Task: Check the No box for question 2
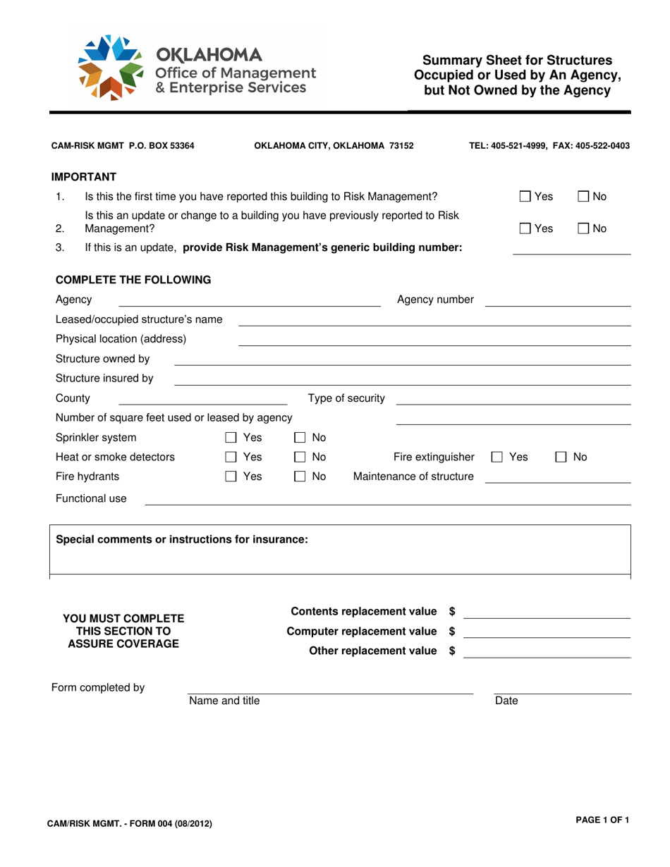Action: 584,228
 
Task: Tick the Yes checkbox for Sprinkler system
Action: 230,438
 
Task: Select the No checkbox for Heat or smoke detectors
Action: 299,457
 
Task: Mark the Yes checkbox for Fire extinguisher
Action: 497,457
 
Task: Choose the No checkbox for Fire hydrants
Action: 299,477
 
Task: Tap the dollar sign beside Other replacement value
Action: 452,651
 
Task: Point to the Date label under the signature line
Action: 506,701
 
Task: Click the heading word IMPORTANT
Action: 83,176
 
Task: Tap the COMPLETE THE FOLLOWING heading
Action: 133,279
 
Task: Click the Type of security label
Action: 346,398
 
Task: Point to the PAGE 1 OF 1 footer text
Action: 602,820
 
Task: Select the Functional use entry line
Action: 387,503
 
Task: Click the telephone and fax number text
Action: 549,146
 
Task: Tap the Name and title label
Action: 224,701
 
